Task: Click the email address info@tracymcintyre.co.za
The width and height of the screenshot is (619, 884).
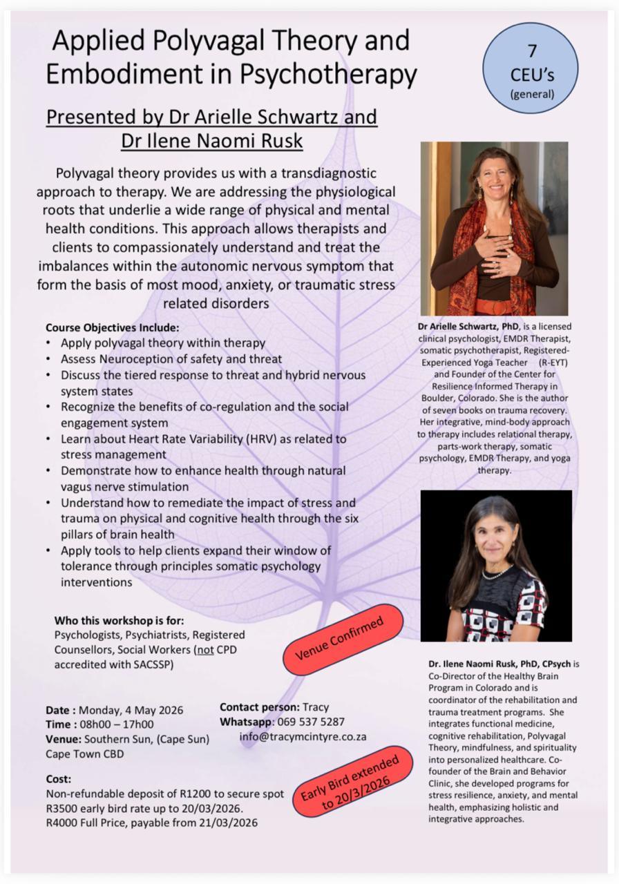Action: [303, 736]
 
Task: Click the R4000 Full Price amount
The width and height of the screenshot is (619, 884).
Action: [62, 823]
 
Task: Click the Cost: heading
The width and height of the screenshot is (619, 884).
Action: [59, 779]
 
